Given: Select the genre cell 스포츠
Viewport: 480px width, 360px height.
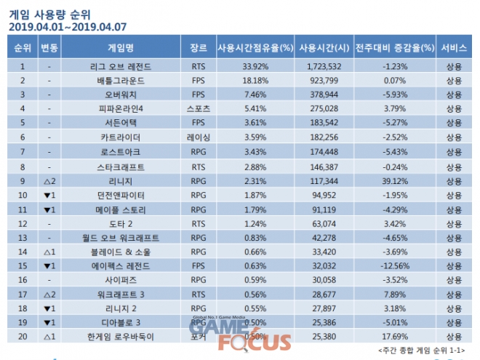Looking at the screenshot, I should (x=198, y=108).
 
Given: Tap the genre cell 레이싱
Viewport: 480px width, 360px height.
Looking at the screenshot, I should (x=198, y=136).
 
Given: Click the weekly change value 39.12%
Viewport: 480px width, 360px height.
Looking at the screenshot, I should (x=395, y=178).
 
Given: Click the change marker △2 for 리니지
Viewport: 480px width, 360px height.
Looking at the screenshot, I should (x=49, y=178).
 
